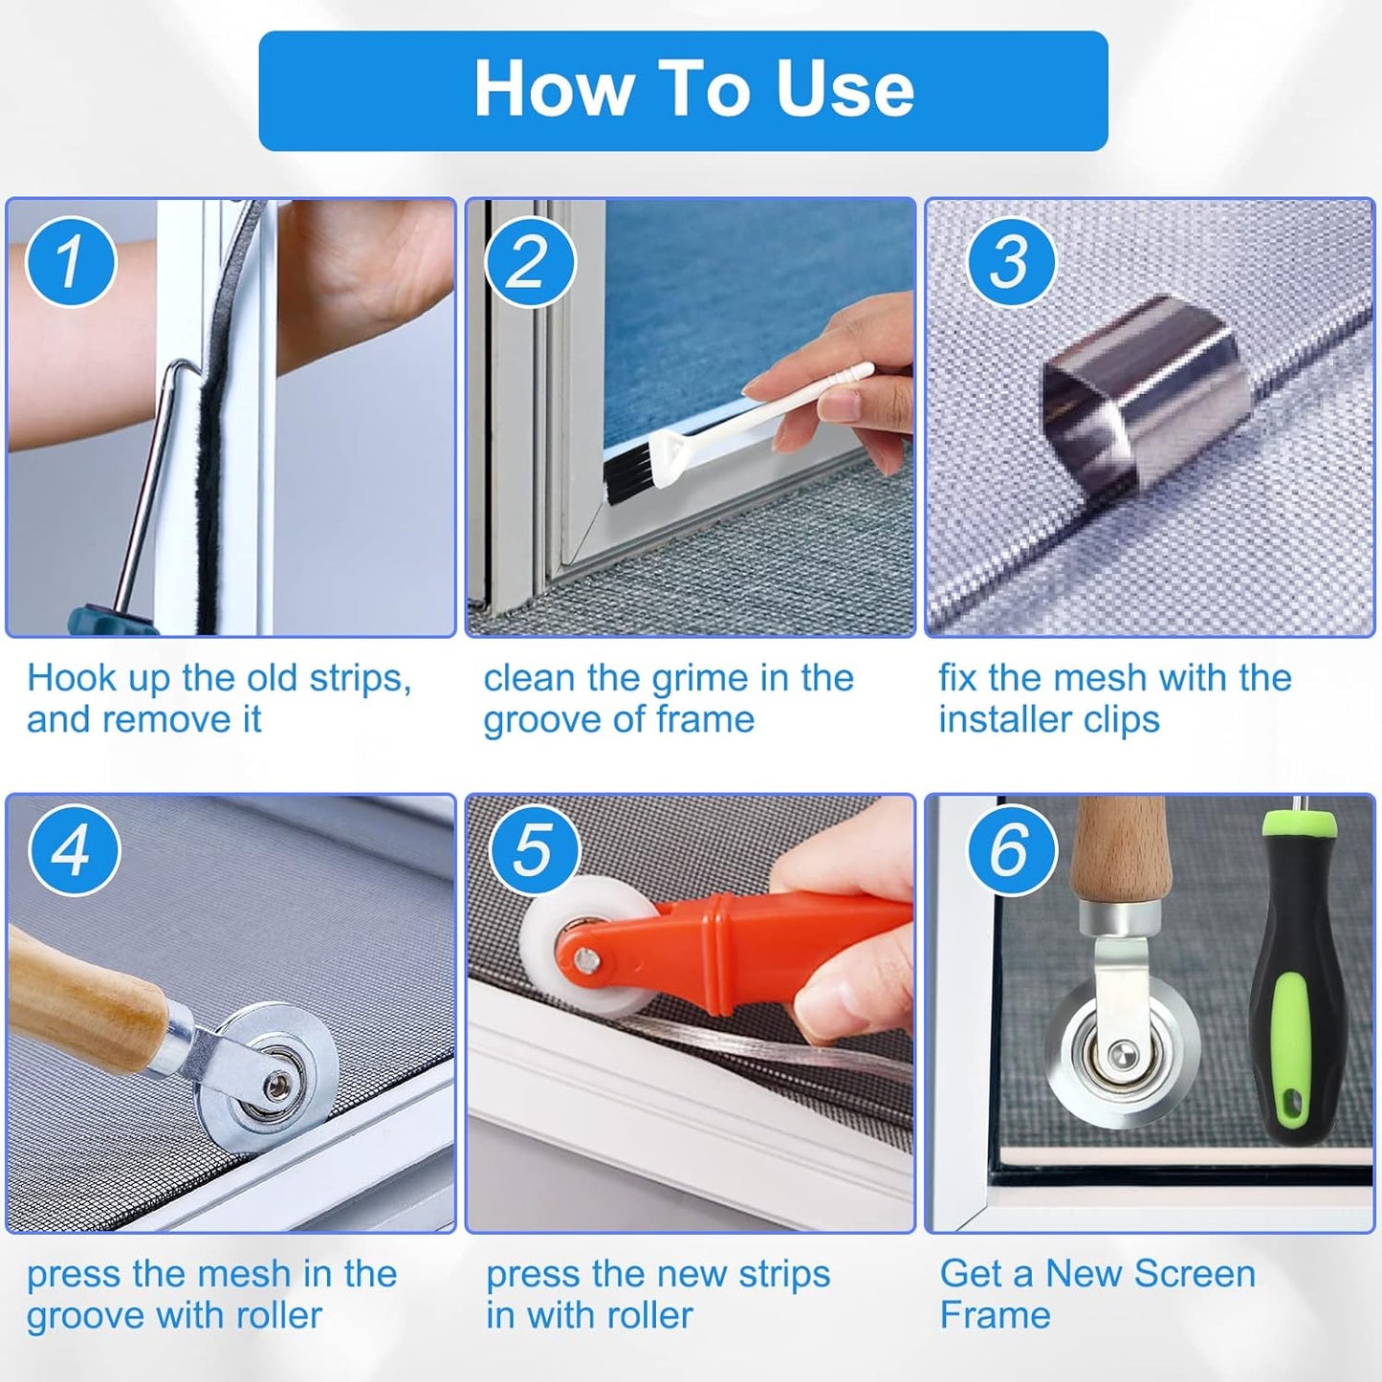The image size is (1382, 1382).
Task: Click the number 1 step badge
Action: pyautogui.click(x=71, y=262)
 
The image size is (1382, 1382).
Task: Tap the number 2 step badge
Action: pyautogui.click(x=530, y=262)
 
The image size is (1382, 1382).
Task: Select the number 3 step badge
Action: pyautogui.click(x=1011, y=262)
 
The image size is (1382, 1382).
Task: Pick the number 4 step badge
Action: pyautogui.click(x=74, y=850)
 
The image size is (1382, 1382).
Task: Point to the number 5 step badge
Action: pyautogui.click(x=534, y=850)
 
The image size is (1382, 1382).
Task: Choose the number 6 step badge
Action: pyautogui.click(x=1011, y=850)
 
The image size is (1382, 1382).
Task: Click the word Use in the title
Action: pyautogui.click(x=844, y=89)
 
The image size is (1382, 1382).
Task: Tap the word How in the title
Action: pyautogui.click(x=553, y=89)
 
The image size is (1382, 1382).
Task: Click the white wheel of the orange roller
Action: pyautogui.click(x=574, y=937)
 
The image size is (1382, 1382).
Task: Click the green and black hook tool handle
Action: pyautogui.click(x=1292, y=976)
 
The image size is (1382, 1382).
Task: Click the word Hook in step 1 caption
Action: pyautogui.click(x=72, y=678)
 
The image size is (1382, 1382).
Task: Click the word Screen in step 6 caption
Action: pyautogui.click(x=1196, y=1274)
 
